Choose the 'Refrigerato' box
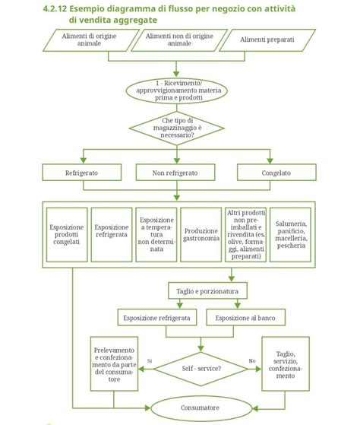click(x=81, y=173)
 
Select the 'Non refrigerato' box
click(x=176, y=173)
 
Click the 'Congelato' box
click(x=276, y=173)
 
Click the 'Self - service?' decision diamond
click(x=201, y=368)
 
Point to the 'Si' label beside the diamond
click(x=149, y=360)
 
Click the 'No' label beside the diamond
click(x=251, y=360)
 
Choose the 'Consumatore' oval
click(x=201, y=408)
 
